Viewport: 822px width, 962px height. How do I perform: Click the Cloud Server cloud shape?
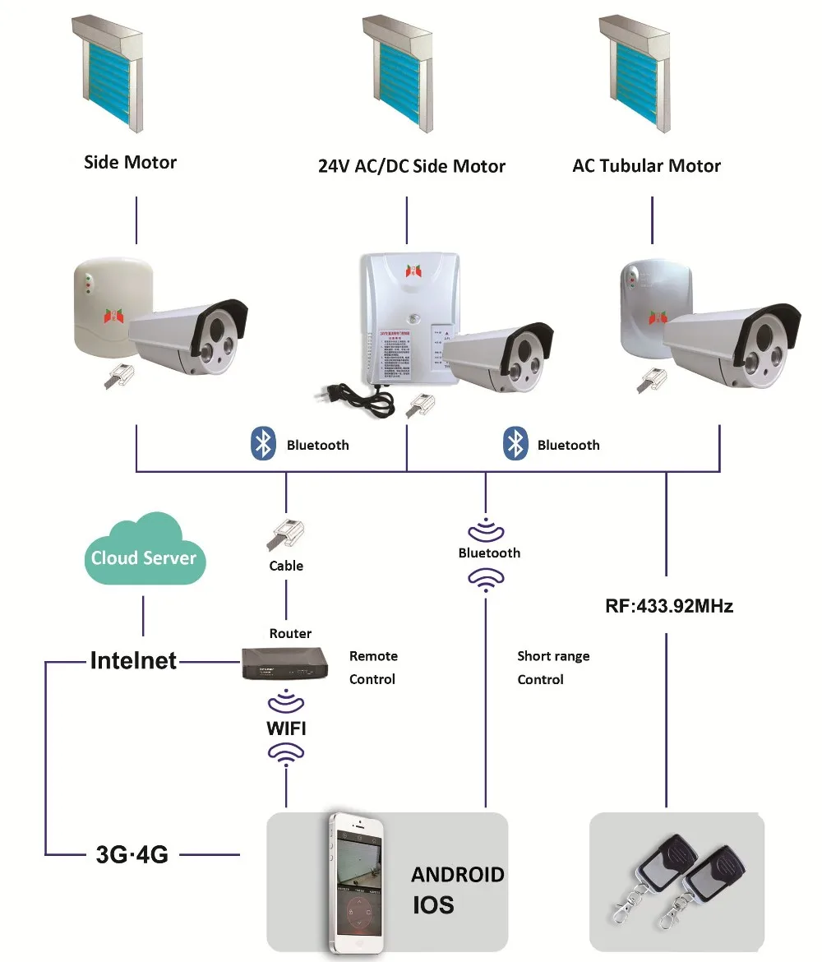144,551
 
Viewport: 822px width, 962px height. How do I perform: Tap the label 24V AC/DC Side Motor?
411,166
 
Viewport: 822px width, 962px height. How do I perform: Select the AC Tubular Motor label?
646,165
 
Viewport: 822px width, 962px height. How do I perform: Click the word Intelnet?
133,660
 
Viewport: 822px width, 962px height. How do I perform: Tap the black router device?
281,663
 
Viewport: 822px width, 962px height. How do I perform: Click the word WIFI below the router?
286,728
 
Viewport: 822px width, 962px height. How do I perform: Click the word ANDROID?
458,874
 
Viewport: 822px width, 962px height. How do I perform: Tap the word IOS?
433,905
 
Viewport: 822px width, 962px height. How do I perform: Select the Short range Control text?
553,668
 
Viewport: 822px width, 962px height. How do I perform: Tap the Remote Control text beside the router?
373,668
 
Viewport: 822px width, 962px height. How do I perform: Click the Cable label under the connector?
286,566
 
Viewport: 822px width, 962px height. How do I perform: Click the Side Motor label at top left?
130,162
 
